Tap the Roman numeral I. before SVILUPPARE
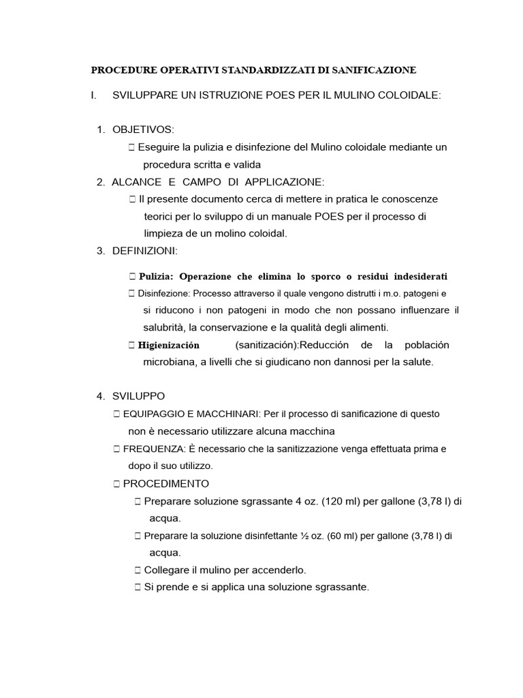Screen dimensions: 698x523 coord(93,95)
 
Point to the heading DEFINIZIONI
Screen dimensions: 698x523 coord(144,251)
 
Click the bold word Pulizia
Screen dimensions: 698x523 coord(156,277)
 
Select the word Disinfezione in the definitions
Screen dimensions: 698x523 coord(163,294)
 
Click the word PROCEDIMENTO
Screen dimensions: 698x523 coord(166,484)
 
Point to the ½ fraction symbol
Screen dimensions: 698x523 coord(304,536)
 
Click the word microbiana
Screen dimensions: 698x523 coord(168,362)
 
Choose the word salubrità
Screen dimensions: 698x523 coord(164,327)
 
